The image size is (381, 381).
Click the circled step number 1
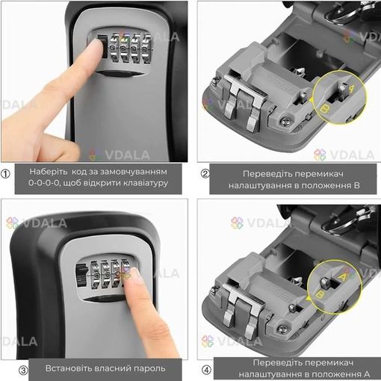pos(5,174)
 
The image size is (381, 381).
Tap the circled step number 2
pos(205,173)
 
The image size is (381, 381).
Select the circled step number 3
pos(23,371)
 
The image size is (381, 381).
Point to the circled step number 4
pos(206,371)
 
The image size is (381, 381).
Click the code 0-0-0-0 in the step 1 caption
pos(43,183)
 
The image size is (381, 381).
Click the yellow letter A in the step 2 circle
pos(352,88)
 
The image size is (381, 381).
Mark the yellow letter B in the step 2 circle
pos(323,108)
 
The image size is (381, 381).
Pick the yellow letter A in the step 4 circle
pos(343,276)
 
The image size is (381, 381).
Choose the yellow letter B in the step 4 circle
pos(319,294)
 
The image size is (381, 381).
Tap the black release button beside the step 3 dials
pos(81,274)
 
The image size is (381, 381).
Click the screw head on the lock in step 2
pos(286,122)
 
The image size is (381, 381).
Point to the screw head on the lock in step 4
pos(282,329)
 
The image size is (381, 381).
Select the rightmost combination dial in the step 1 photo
pos(146,48)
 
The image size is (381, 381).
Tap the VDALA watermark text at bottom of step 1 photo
pos(127,155)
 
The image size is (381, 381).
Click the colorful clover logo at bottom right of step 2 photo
pos(320,155)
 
